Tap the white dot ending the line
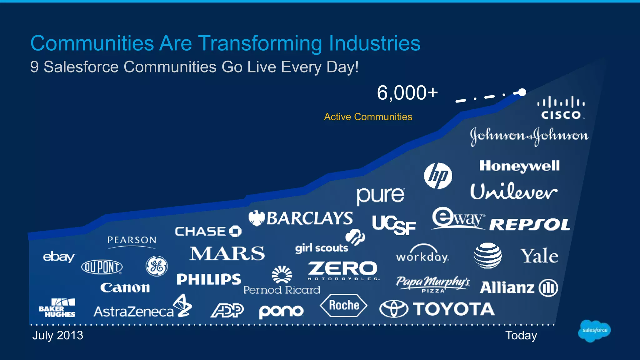pos(522,92)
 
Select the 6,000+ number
pos(407,93)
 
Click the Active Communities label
pos(368,117)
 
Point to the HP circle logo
pos(438,176)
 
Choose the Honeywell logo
pos(519,166)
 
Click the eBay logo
pos(59,257)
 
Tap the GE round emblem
pos(157,266)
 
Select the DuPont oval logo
pos(102,267)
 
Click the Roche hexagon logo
pos(344,305)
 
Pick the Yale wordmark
pos(539,256)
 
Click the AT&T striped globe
pos(487,255)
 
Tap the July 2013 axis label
pos(58,335)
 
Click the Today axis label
pos(521,335)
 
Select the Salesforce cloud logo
pos(594,330)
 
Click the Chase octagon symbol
pos(235,231)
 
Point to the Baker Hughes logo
pos(57,308)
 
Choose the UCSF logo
pos(394,225)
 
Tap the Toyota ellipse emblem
pos(394,309)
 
